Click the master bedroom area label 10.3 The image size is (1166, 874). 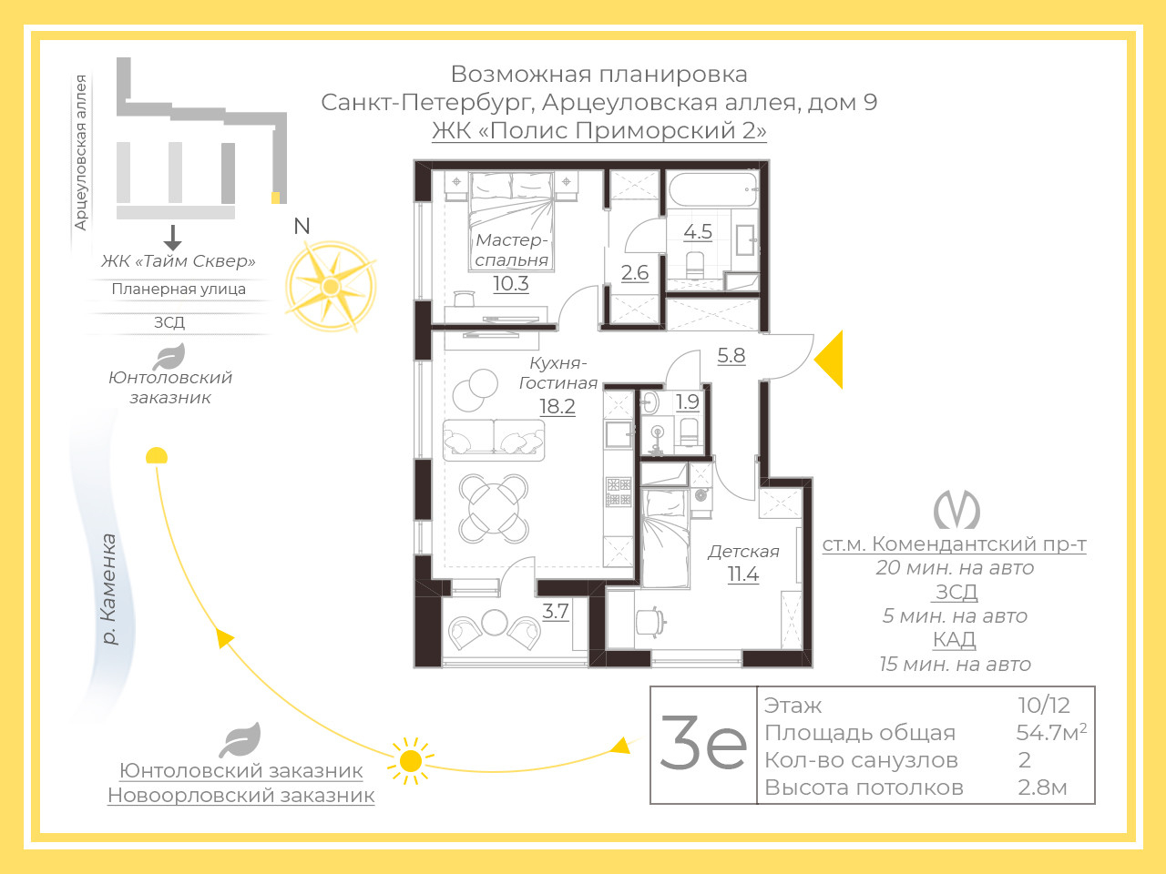[x=511, y=283]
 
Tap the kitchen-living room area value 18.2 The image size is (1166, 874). [x=557, y=406]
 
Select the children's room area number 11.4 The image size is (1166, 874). [x=743, y=574]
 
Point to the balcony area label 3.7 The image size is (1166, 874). [x=556, y=611]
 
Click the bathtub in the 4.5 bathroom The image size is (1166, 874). [x=713, y=190]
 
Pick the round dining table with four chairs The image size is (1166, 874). [x=494, y=508]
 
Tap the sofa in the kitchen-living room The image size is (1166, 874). [x=494, y=441]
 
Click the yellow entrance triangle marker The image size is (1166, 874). [x=829, y=360]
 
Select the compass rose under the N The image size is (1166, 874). [x=331, y=287]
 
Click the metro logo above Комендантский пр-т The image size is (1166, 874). [x=956, y=510]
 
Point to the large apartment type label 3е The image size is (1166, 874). [x=703, y=744]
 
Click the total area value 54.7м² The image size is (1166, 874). [x=1051, y=733]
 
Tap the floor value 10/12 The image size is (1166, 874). [x=1044, y=706]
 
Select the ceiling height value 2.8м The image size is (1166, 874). [x=1042, y=788]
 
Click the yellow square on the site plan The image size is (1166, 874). [x=276, y=198]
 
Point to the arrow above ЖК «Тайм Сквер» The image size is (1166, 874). [x=173, y=238]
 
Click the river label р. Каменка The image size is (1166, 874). [x=108, y=589]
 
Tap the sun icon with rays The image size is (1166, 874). [x=410, y=761]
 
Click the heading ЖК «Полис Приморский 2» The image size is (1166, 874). [x=599, y=130]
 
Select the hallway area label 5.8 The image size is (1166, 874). [x=731, y=355]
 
